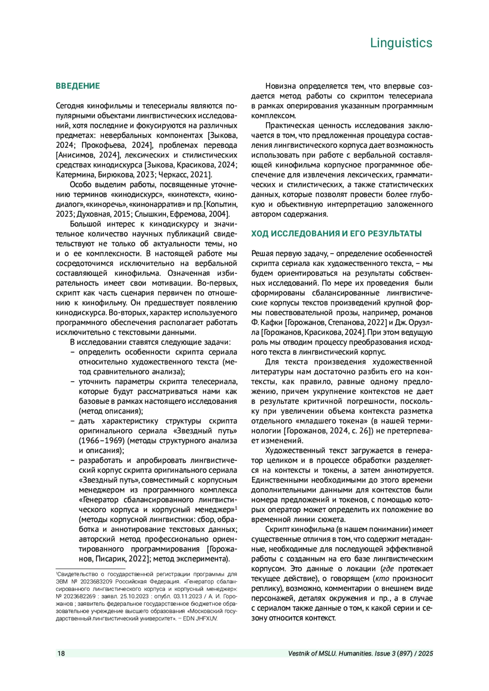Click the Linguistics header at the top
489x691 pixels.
pyautogui.click(x=401, y=43)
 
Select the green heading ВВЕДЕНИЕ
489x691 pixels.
pyautogui.click(x=78, y=86)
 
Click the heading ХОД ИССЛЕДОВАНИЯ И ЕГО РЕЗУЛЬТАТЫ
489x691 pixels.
pyautogui.click(x=336, y=234)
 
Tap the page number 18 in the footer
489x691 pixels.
pyautogui.click(x=61, y=654)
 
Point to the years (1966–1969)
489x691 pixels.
pyautogui.click(x=102, y=441)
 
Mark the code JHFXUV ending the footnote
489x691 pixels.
pyautogui.click(x=207, y=618)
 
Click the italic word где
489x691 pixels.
pyautogui.click(x=388, y=569)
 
